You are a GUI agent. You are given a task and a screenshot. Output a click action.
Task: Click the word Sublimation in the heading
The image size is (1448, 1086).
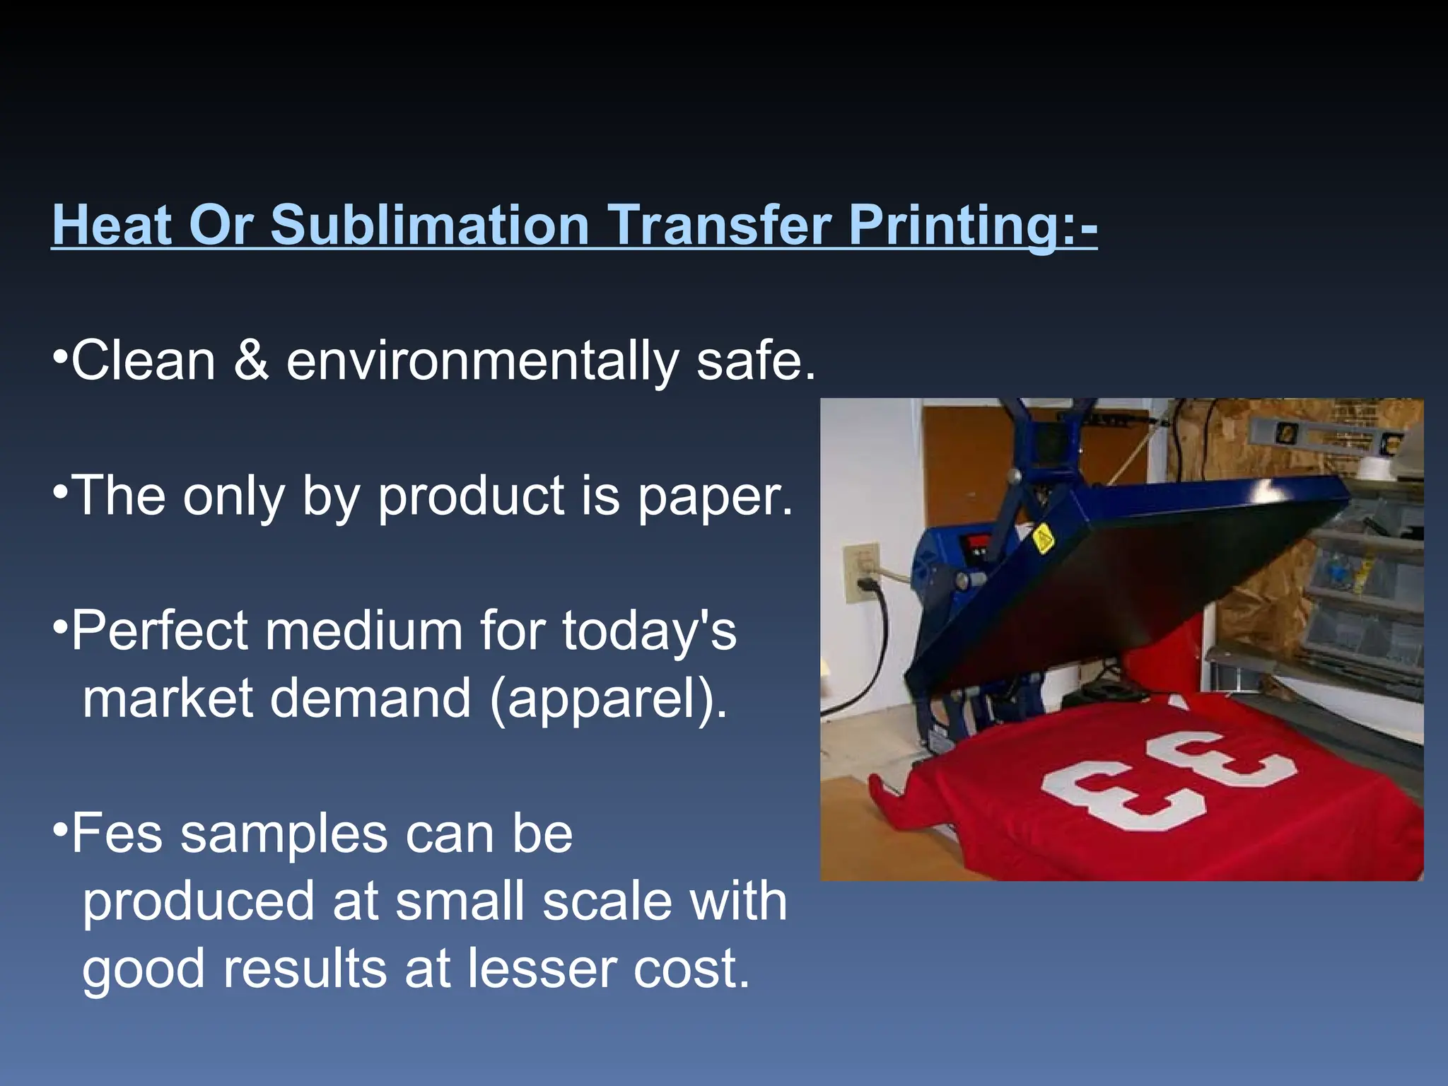[x=430, y=225]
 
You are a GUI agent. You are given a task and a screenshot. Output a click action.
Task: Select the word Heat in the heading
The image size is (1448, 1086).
[x=112, y=225]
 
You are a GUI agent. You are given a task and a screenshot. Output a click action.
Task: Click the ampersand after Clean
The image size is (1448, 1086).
[x=251, y=361]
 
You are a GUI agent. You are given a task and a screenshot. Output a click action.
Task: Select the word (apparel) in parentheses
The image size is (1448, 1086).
[x=608, y=699]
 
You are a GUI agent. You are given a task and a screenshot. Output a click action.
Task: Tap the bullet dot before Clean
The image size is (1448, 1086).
[x=60, y=352]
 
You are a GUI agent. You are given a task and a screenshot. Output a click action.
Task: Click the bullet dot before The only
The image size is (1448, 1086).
[x=60, y=489]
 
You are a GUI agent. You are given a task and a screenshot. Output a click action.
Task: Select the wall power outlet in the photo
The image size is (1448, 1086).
[x=862, y=573]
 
